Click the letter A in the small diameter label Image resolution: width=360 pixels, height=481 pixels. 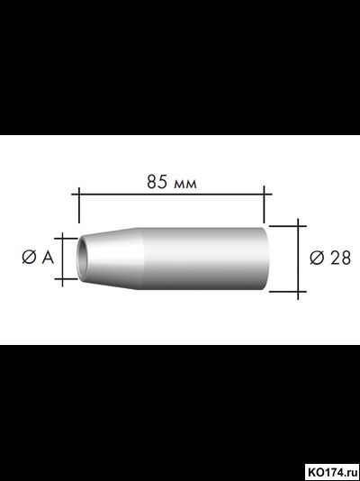point(46,258)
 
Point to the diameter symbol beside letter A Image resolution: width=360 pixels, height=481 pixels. point(27,258)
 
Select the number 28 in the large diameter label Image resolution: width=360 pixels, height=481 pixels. point(340,258)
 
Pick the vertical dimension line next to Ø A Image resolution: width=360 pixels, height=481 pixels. point(62,258)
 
